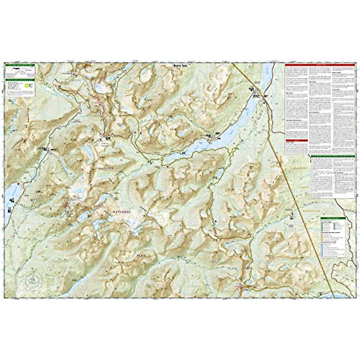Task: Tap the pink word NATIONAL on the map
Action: coord(122,212)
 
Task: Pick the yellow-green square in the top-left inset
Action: coord(29,85)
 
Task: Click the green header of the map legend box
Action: coord(333,218)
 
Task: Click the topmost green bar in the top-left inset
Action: coord(20,64)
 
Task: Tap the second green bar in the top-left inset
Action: coord(20,80)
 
